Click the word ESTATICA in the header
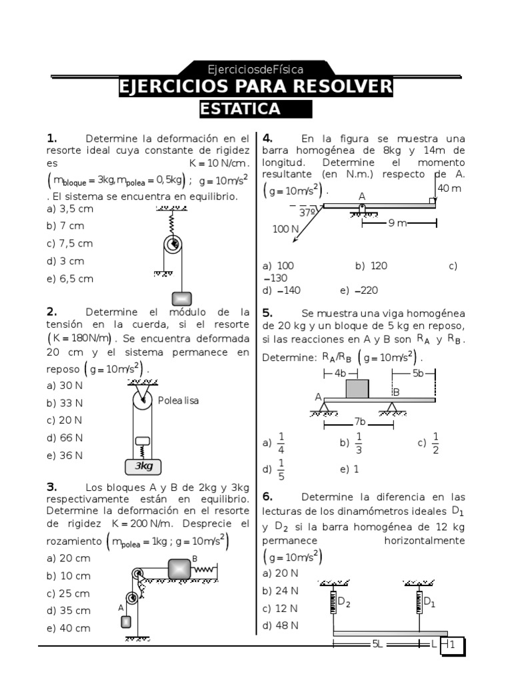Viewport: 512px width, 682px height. (x=240, y=109)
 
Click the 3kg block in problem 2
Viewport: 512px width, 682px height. (x=143, y=466)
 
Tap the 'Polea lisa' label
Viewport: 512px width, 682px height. (x=178, y=400)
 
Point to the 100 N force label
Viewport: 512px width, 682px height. (x=285, y=229)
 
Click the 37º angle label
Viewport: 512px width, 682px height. (x=308, y=212)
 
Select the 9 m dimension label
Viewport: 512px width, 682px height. (x=397, y=224)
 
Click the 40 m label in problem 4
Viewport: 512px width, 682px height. (x=449, y=188)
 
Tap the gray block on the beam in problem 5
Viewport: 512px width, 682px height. (x=357, y=388)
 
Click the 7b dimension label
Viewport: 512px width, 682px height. (x=359, y=422)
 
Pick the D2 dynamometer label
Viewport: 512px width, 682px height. (x=344, y=602)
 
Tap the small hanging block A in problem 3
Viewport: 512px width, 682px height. (x=126, y=621)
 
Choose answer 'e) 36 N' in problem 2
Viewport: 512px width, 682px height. (x=65, y=456)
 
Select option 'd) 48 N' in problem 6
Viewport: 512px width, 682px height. (x=281, y=625)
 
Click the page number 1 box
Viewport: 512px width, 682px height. (x=453, y=645)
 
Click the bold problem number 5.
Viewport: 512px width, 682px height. (x=267, y=313)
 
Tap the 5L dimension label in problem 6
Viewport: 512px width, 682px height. (x=377, y=644)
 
